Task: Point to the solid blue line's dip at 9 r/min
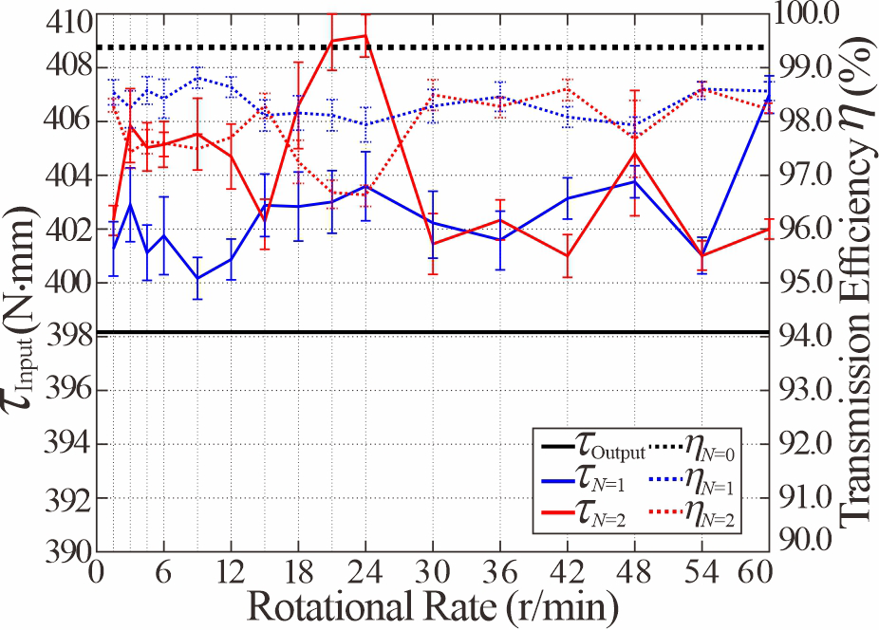click(x=197, y=278)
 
